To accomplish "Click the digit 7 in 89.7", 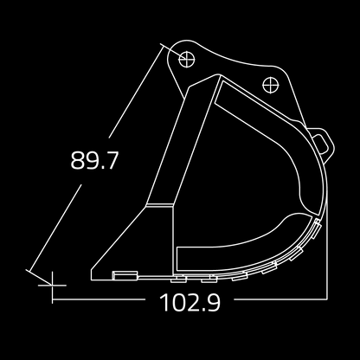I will [x=111, y=161].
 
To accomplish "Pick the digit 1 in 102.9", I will [x=164, y=304].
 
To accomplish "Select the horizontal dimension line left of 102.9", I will [x=104, y=303].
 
